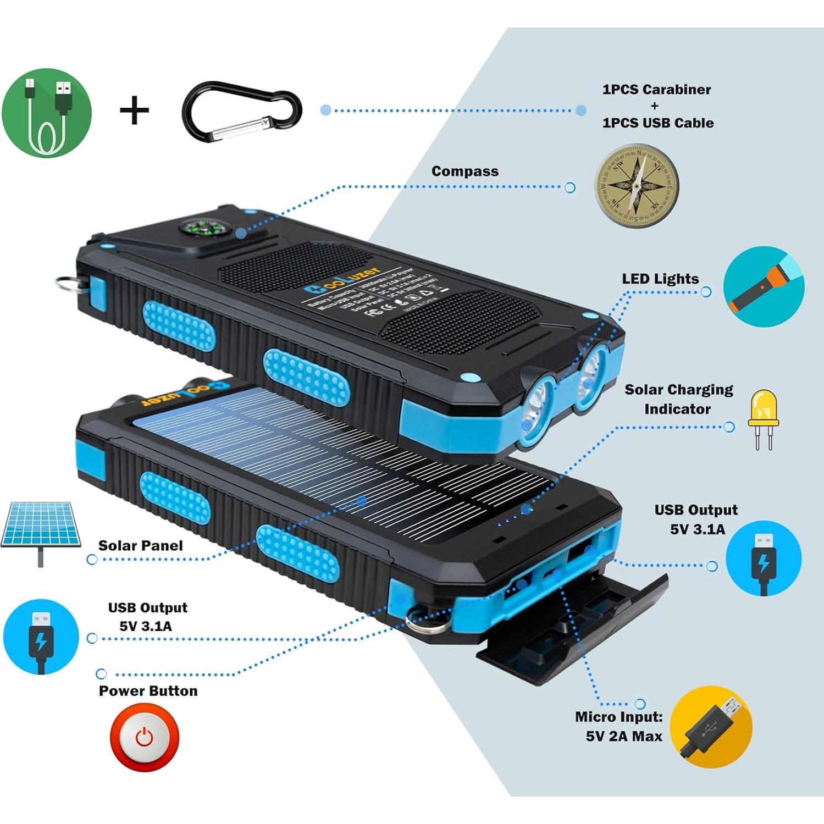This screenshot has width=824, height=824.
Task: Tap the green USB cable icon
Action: click(x=47, y=113)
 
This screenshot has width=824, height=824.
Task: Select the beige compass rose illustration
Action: click(x=636, y=187)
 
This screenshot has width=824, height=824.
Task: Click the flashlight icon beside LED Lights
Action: click(x=764, y=287)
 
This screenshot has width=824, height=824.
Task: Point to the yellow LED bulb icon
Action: click(x=763, y=419)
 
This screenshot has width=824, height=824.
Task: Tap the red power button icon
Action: click(x=145, y=737)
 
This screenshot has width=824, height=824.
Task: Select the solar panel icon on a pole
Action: click(x=41, y=530)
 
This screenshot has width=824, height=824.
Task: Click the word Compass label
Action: click(x=464, y=171)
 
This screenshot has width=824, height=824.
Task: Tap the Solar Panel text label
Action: click(x=140, y=545)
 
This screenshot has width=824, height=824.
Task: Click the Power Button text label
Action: click(x=148, y=691)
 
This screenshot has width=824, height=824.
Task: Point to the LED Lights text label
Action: click(x=660, y=279)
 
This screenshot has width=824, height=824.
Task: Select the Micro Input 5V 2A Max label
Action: click(x=620, y=726)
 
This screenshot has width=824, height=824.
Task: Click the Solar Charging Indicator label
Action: click(x=678, y=399)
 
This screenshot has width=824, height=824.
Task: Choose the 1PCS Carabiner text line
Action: click(x=656, y=89)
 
